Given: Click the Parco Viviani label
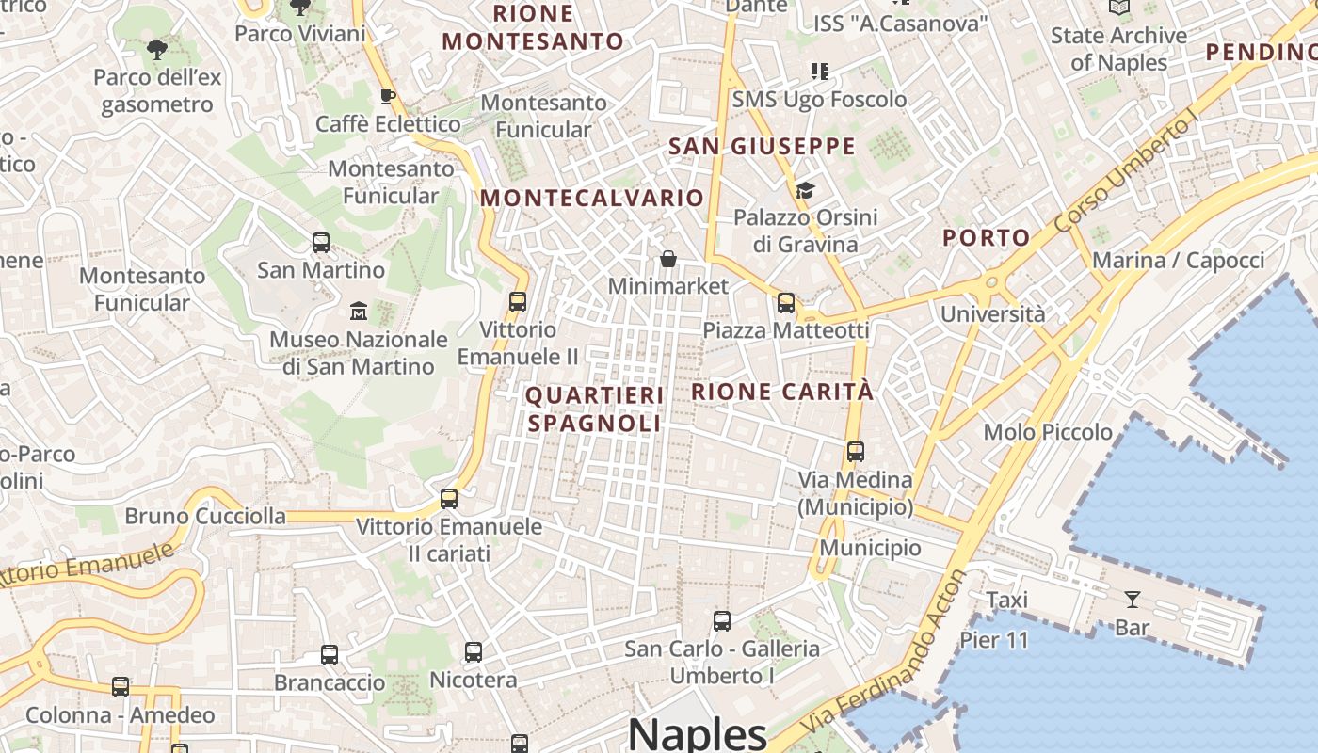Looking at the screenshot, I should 299,34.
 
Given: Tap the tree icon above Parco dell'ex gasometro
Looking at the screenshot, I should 157,49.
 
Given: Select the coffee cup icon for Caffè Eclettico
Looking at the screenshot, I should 386,96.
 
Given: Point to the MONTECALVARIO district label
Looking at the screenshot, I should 592,198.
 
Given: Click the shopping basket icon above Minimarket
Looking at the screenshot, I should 668,258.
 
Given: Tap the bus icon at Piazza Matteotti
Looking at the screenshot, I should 785,303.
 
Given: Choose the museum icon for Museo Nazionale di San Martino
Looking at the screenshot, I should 359,311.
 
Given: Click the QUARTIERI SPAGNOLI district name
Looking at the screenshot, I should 595,409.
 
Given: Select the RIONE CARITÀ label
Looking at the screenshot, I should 782,392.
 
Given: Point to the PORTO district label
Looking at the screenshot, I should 986,237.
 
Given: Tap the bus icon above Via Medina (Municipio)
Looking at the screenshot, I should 855,452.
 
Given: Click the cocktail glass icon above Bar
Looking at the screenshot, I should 1132,600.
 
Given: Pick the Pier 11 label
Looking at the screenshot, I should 994,641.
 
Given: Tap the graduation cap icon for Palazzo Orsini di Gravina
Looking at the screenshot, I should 805,191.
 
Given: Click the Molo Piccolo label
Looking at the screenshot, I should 1048,432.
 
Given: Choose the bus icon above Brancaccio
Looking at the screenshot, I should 329,654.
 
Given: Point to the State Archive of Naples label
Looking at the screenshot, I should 1118,49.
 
